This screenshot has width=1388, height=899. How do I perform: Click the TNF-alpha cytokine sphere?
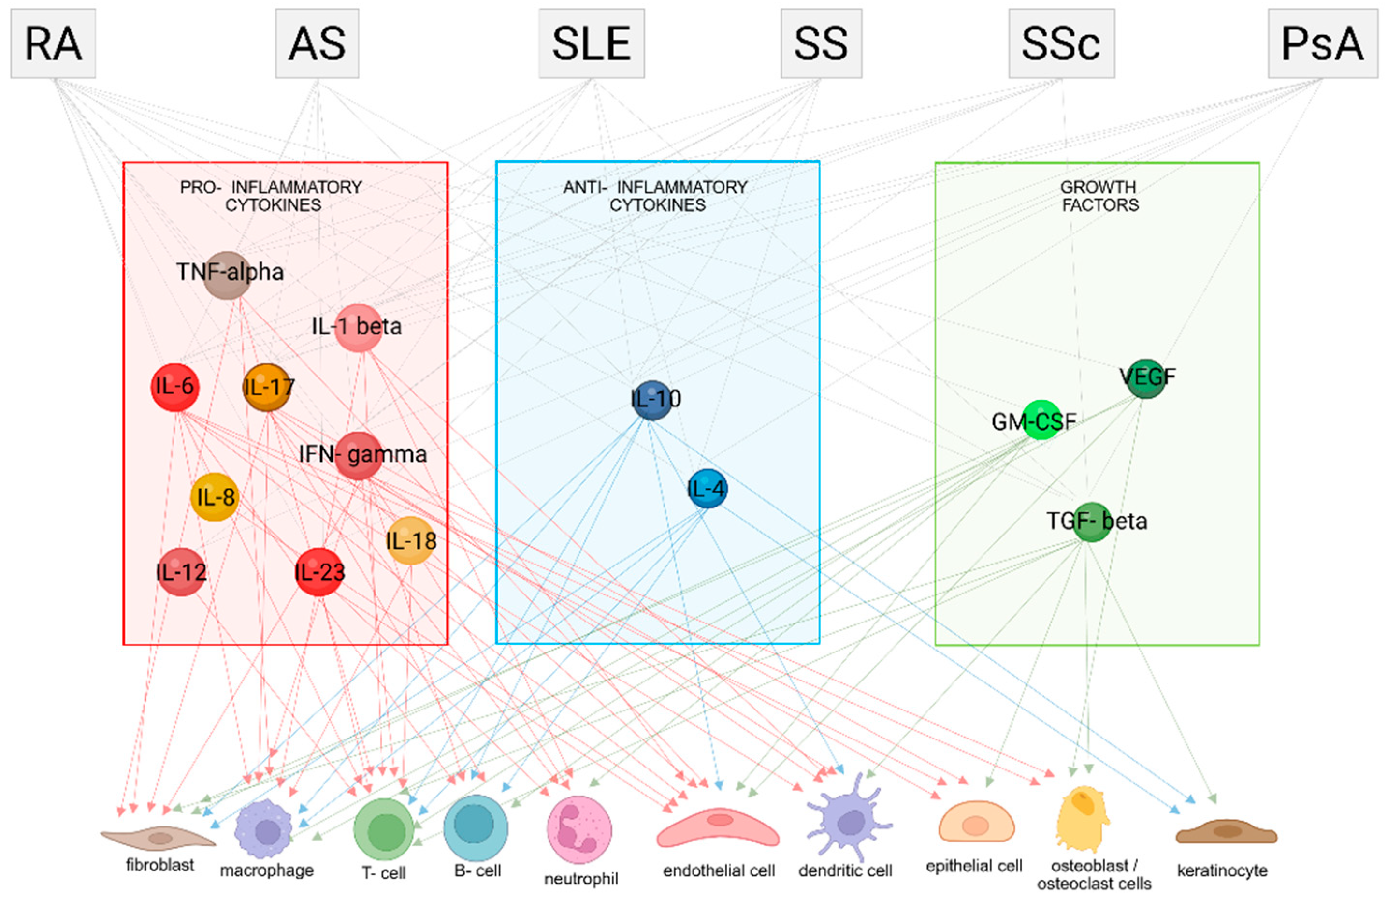pyautogui.click(x=228, y=275)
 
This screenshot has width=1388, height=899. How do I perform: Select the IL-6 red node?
pyautogui.click(x=174, y=387)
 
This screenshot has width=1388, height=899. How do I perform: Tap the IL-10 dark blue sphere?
pyautogui.click(x=652, y=400)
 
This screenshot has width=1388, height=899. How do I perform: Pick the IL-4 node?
pyautogui.click(x=708, y=488)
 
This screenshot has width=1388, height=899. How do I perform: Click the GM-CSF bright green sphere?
pyautogui.click(x=1041, y=420)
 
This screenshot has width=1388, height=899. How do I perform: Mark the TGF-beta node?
pyautogui.click(x=1091, y=522)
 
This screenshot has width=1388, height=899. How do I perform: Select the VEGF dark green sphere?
pyautogui.click(x=1146, y=378)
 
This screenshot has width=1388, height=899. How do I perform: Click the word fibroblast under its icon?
pyautogui.click(x=160, y=865)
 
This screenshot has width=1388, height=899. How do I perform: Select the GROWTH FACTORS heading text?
pyautogui.click(x=1099, y=196)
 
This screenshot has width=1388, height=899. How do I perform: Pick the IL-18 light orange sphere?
pyautogui.click(x=411, y=541)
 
